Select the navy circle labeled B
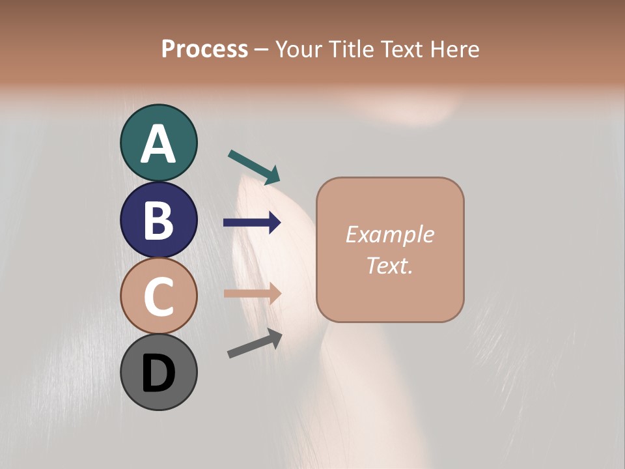pyautogui.click(x=158, y=220)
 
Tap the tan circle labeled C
pyautogui.click(x=158, y=296)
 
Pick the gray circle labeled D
pyautogui.click(x=158, y=372)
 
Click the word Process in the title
pyautogui.click(x=204, y=50)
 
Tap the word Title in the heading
pyautogui.click(x=350, y=50)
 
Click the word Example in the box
pyautogui.click(x=389, y=234)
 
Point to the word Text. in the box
pyautogui.click(x=389, y=265)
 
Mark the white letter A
pyautogui.click(x=158, y=145)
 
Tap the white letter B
pyautogui.click(x=158, y=220)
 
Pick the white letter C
pyautogui.click(x=158, y=296)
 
